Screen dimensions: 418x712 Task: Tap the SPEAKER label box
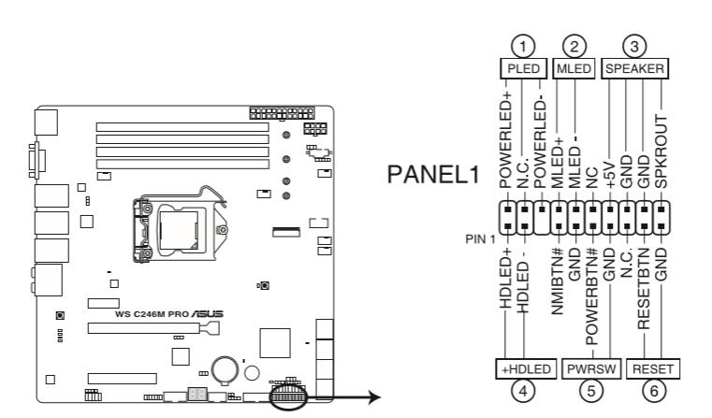[634, 69]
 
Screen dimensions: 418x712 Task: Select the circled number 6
[650, 392]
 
